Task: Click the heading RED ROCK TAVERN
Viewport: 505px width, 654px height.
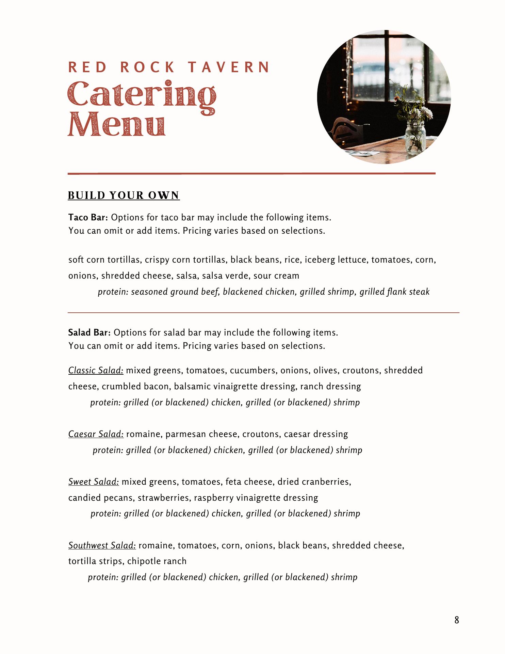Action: coord(169,67)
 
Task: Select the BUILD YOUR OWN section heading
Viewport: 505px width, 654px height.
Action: coord(124,196)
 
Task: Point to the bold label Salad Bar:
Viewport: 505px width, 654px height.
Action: coord(89,332)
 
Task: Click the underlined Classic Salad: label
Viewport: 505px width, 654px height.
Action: coord(96,370)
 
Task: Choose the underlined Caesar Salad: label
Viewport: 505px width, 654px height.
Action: coord(96,434)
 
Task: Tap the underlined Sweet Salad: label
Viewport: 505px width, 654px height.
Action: coord(94,482)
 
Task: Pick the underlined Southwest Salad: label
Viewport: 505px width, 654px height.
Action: coord(102,545)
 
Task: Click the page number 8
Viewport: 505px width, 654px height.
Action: coord(456,620)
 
